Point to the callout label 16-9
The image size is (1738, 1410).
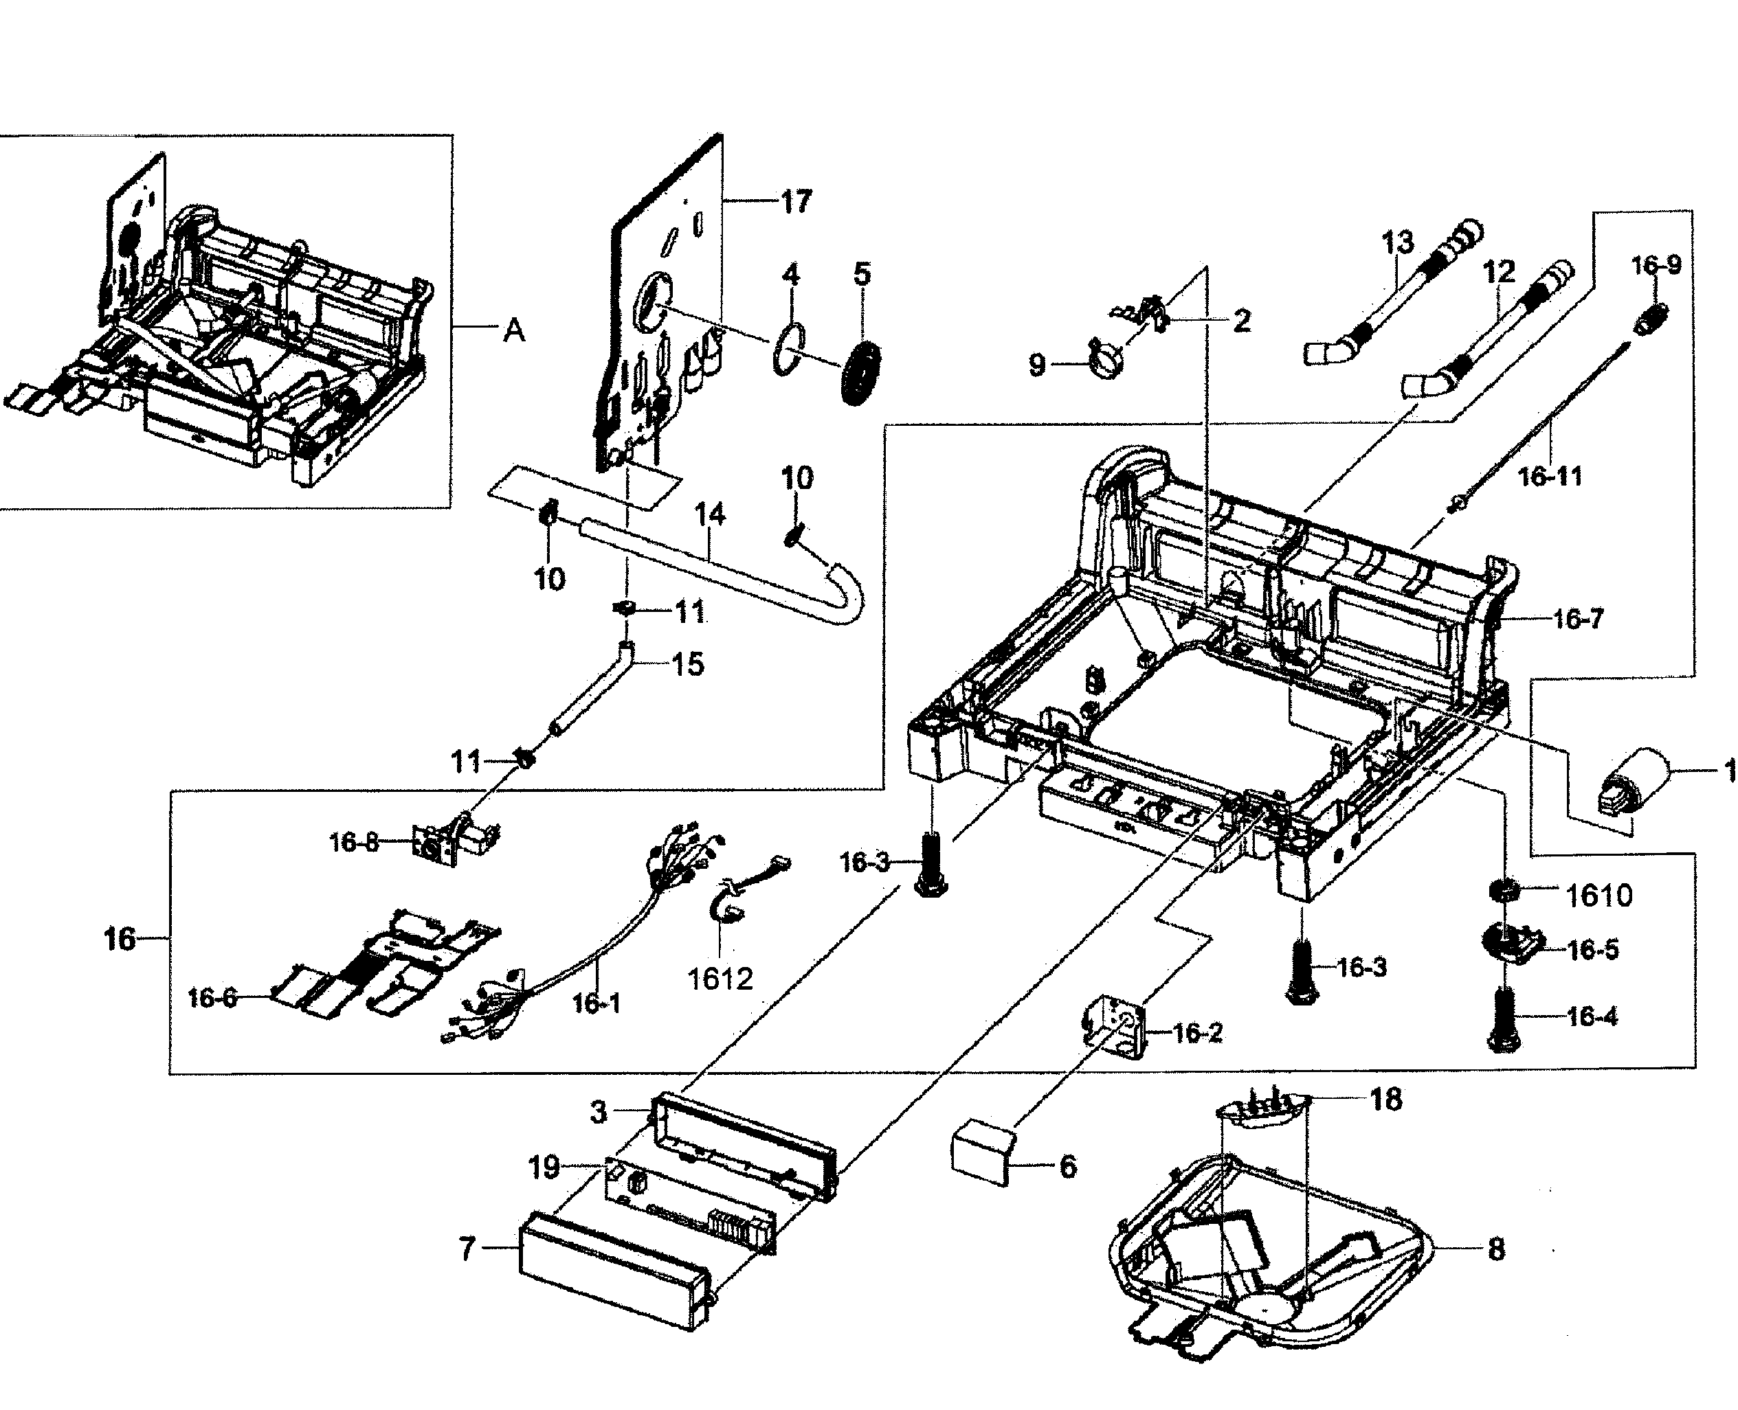[x=1656, y=266]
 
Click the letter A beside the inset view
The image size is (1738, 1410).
[x=514, y=330]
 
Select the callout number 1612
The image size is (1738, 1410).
[x=720, y=979]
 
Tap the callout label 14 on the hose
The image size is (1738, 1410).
[x=710, y=515]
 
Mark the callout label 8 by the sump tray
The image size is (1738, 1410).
[x=1496, y=1249]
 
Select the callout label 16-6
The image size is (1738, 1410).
[x=212, y=997]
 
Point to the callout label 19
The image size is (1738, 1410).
[x=544, y=1168]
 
